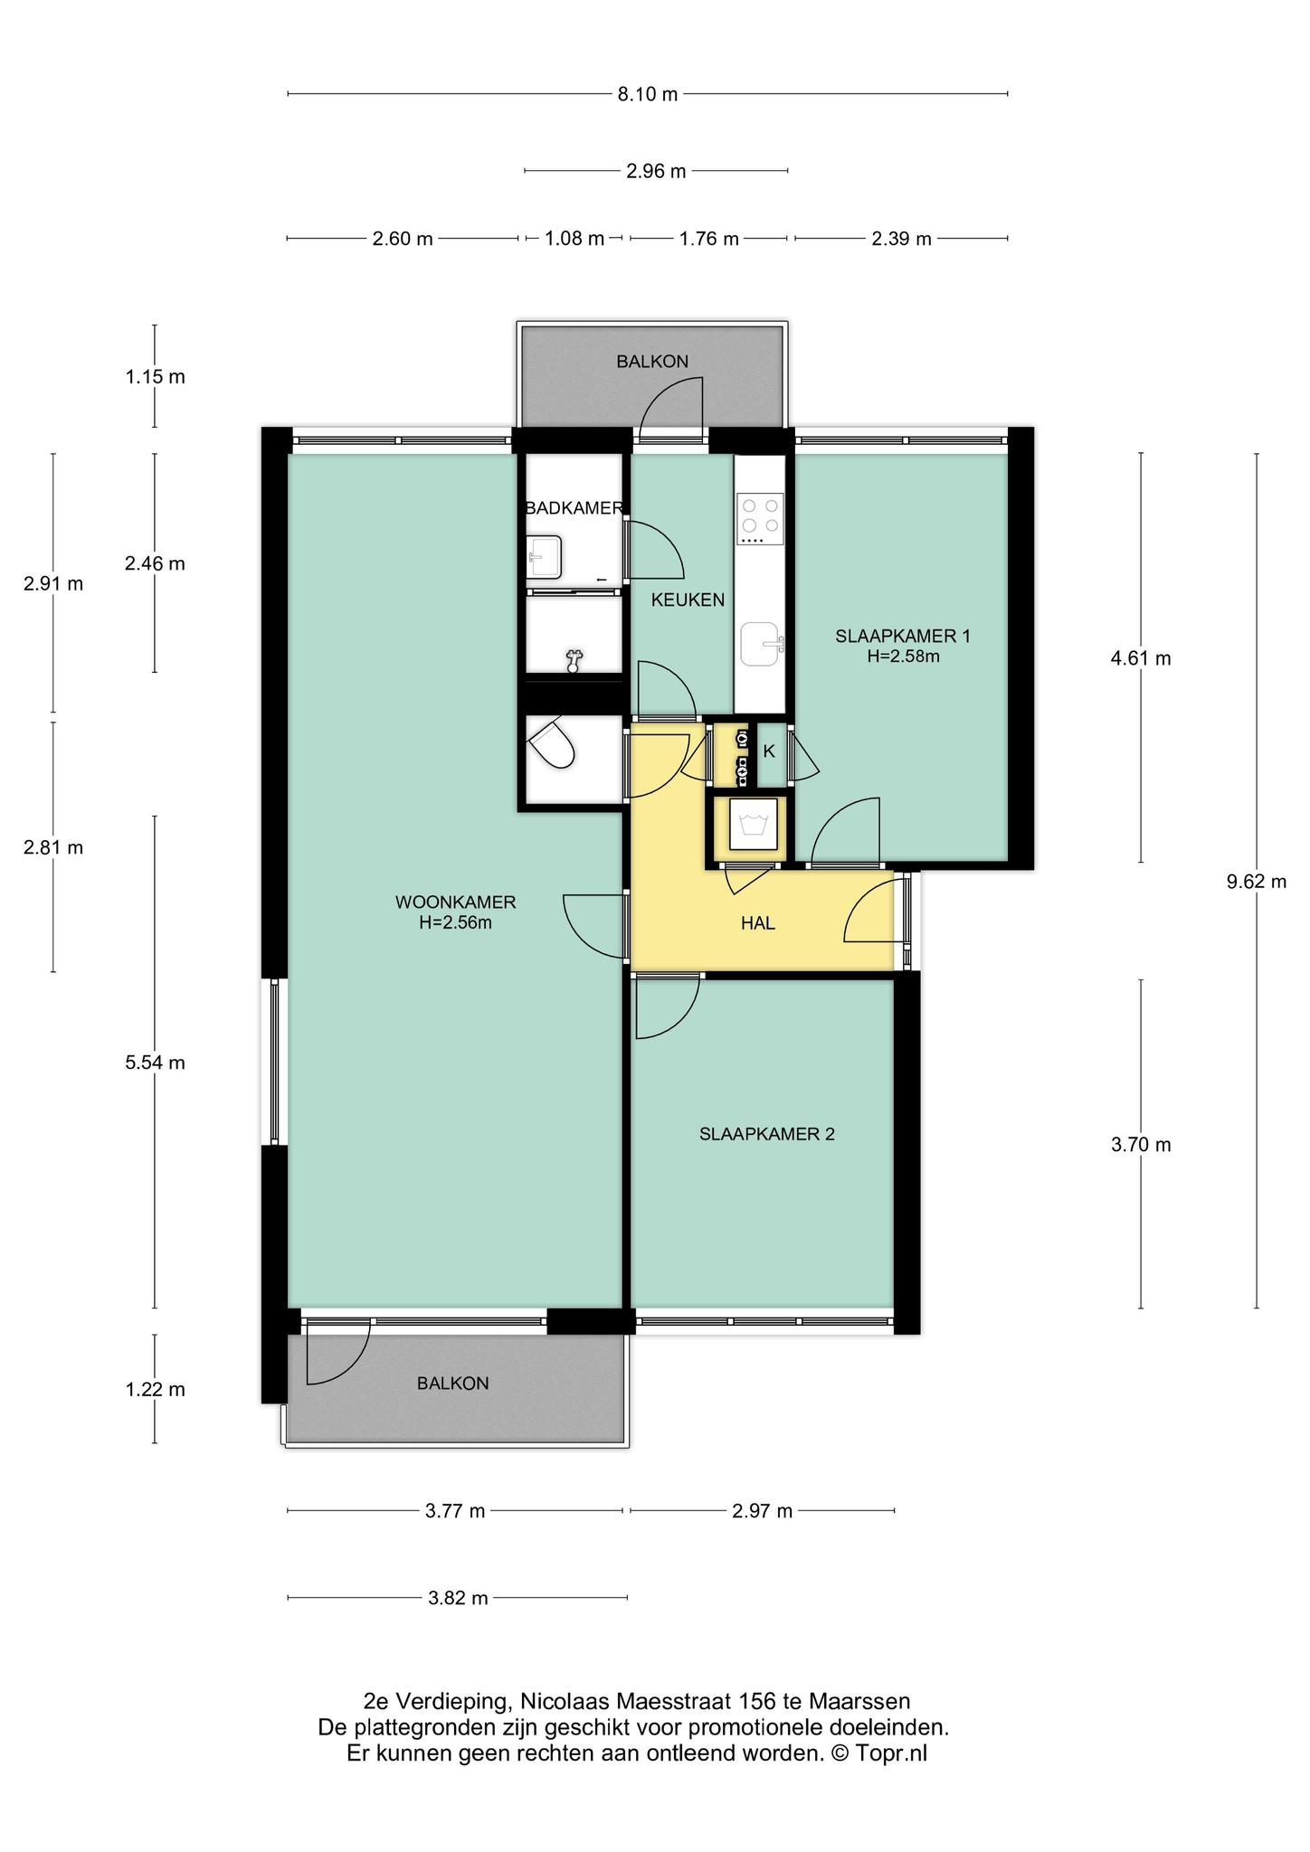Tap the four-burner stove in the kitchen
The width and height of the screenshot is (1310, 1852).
click(x=760, y=518)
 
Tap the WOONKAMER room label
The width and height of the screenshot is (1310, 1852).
click(x=455, y=902)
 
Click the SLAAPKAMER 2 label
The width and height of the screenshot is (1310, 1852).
click(x=767, y=1134)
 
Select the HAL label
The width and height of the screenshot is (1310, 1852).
click(x=758, y=923)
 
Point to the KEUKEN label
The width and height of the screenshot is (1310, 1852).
click(x=688, y=600)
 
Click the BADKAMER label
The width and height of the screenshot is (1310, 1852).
click(x=574, y=508)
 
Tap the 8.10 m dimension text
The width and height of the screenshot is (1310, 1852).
click(x=648, y=94)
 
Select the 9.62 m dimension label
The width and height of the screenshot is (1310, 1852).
click(x=1257, y=882)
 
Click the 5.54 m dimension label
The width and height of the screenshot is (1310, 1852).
click(x=155, y=1063)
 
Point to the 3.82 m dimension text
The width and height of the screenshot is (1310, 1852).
click(x=458, y=1598)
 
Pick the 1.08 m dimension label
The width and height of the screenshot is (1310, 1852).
click(x=574, y=239)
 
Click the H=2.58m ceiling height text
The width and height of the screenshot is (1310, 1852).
click(x=903, y=657)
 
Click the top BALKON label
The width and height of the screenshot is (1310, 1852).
click(x=652, y=362)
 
